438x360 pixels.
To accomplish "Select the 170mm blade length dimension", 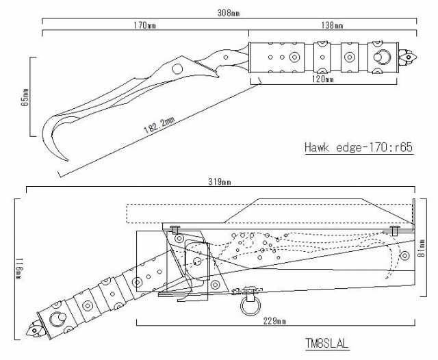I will click(x=145, y=25).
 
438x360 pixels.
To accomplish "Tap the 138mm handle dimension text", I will click(x=333, y=25).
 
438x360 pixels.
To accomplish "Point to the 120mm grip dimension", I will click(x=322, y=79).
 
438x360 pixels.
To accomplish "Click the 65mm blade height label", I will click(x=25, y=98).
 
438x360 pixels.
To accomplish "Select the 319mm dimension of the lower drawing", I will click(x=220, y=182).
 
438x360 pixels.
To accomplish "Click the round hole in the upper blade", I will click(x=177, y=68).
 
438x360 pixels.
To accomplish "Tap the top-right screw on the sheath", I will click(x=395, y=229).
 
